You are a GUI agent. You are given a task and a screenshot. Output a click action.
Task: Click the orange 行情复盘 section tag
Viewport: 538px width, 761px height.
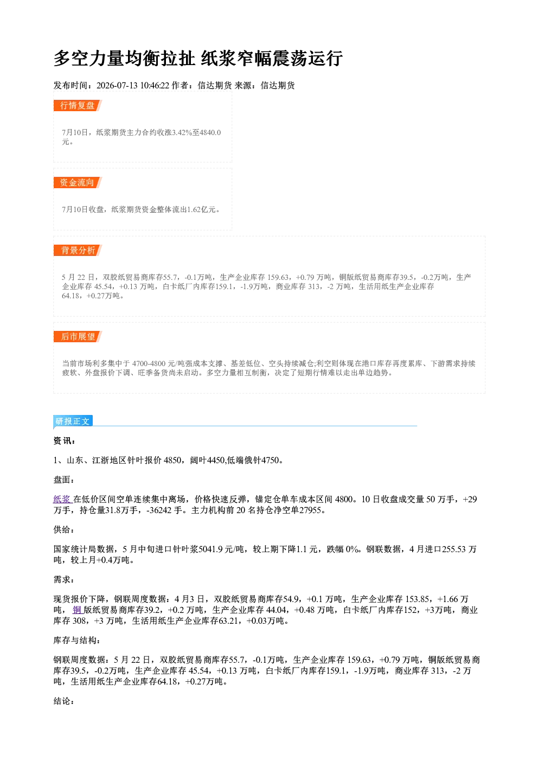click(x=78, y=105)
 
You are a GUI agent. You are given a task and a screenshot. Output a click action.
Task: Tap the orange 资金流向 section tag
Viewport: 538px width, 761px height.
click(x=78, y=182)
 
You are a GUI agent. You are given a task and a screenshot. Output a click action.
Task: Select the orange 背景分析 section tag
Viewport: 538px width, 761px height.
click(x=78, y=251)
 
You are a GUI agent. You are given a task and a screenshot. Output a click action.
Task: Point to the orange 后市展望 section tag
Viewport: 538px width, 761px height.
click(x=78, y=337)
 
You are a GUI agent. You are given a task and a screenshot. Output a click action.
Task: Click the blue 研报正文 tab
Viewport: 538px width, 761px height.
click(x=73, y=421)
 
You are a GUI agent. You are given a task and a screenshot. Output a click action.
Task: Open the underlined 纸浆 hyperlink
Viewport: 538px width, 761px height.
click(x=62, y=499)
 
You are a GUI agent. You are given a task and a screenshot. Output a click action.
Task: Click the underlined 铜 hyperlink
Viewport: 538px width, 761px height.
click(x=77, y=610)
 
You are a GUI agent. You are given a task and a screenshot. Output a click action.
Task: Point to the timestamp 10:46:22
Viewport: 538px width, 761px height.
click(x=155, y=85)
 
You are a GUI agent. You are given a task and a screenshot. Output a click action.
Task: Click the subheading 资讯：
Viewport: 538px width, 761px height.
click(x=64, y=440)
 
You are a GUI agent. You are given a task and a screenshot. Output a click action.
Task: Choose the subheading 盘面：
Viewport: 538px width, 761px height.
click(x=64, y=479)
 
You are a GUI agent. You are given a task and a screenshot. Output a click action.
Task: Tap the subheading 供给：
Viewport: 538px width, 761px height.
click(x=64, y=529)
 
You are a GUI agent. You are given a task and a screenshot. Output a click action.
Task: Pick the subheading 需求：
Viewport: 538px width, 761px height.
click(x=64, y=579)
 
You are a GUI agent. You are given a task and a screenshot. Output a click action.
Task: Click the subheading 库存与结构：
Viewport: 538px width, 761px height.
click(x=77, y=640)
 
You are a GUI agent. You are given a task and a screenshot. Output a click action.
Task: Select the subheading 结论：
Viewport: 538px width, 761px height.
click(x=64, y=701)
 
